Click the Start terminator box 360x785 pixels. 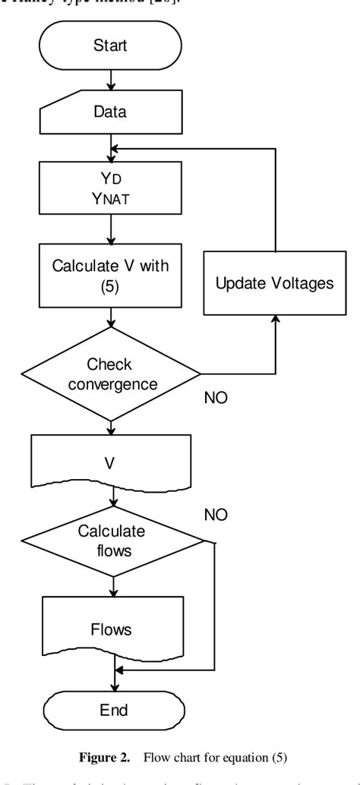tap(111, 45)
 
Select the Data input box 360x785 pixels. tap(111, 112)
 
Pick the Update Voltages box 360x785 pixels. tap(276, 285)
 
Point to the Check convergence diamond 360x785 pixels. tap(111, 374)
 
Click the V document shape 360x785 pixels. tap(111, 461)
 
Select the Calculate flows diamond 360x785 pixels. tap(111, 541)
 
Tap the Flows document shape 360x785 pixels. tap(111, 629)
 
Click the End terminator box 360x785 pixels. tap(111, 711)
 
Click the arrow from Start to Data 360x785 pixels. tap(111, 79)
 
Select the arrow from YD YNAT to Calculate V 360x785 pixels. tap(111, 227)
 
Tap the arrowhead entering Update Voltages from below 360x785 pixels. tap(276, 322)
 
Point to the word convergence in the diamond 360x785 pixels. tap(111, 383)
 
